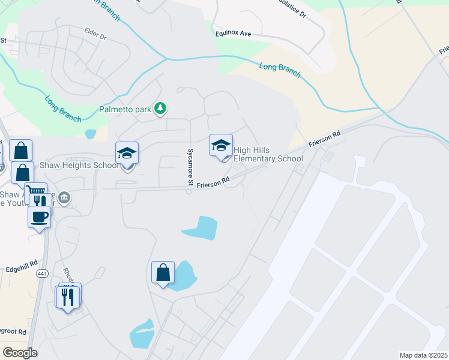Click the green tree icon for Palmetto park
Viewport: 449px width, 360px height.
coord(160,109)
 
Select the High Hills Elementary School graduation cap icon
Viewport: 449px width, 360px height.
coord(221,146)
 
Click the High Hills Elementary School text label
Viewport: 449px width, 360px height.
coord(268,154)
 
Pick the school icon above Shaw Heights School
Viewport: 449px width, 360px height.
coord(127,154)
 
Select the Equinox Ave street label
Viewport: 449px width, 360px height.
coord(234,34)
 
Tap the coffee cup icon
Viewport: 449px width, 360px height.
coord(39,217)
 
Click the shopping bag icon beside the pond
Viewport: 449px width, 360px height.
coord(163,273)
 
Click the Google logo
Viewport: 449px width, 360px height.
coord(20,353)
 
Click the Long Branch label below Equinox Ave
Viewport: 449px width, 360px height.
coord(280,67)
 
